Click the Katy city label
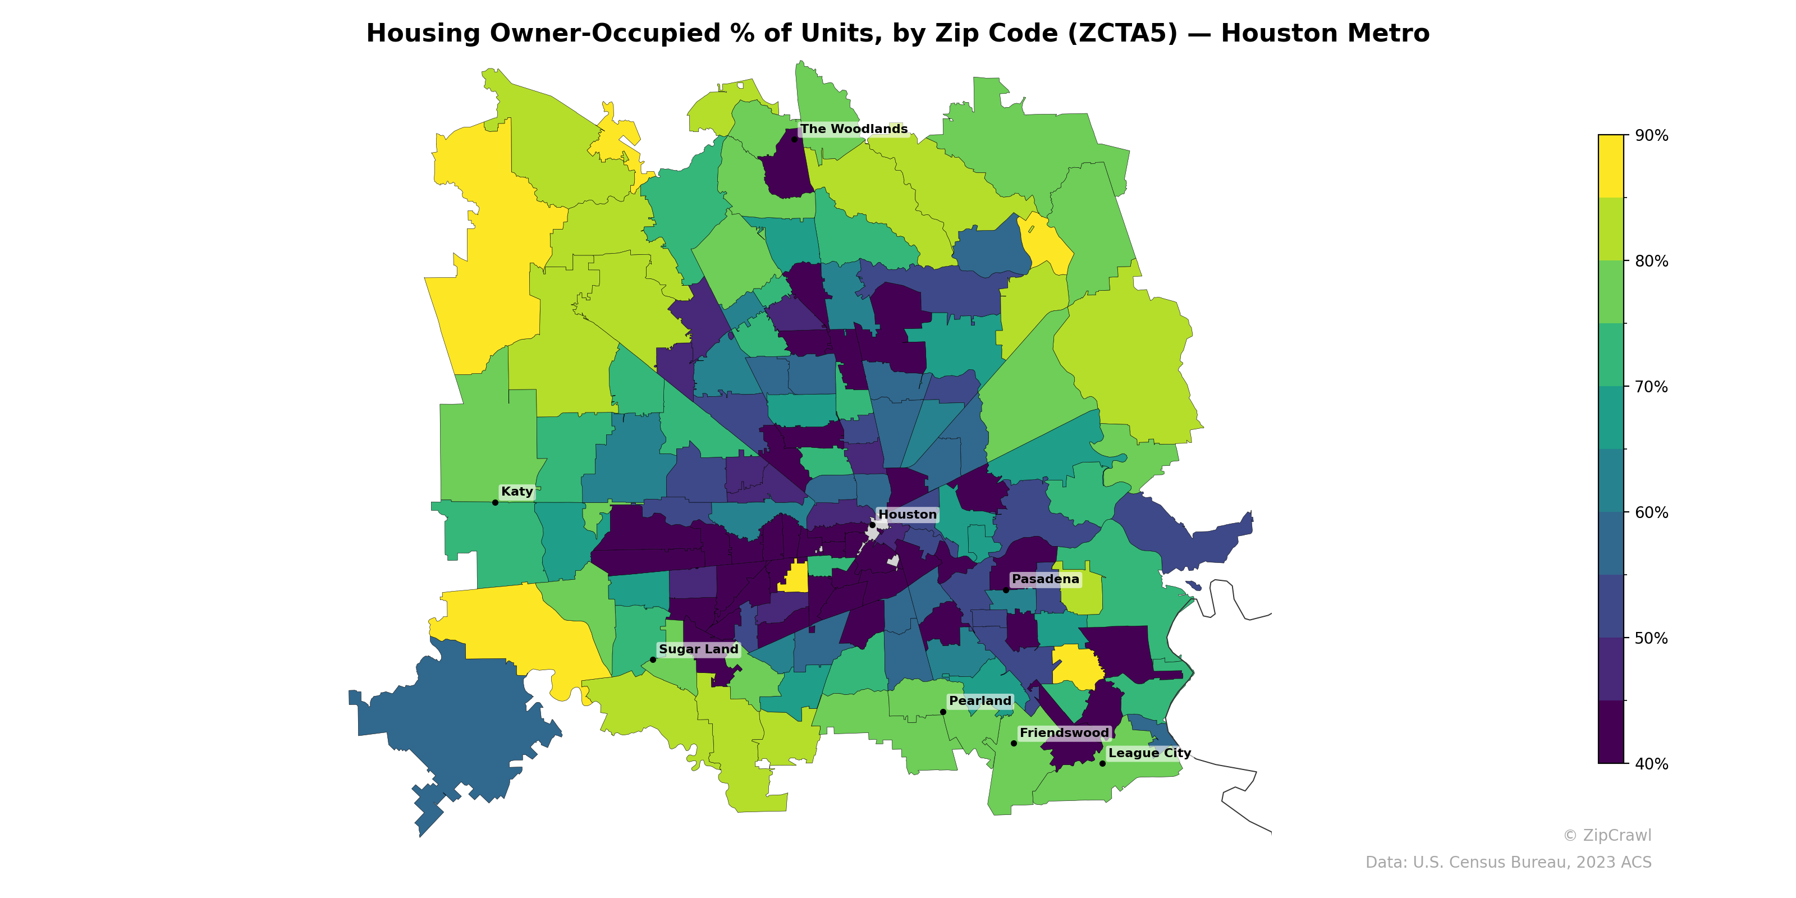coord(516,492)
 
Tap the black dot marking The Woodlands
coord(794,139)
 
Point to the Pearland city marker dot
coord(943,712)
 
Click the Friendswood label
coord(1064,733)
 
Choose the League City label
coord(1149,753)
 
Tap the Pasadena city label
coord(1045,579)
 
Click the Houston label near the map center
coord(907,515)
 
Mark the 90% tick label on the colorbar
coord(1651,136)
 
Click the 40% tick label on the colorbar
coord(1651,764)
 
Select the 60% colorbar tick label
coord(1651,512)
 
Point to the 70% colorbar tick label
coord(1651,387)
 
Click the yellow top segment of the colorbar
coord(1611,166)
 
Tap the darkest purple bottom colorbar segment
coord(1611,732)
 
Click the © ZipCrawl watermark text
coord(1606,835)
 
